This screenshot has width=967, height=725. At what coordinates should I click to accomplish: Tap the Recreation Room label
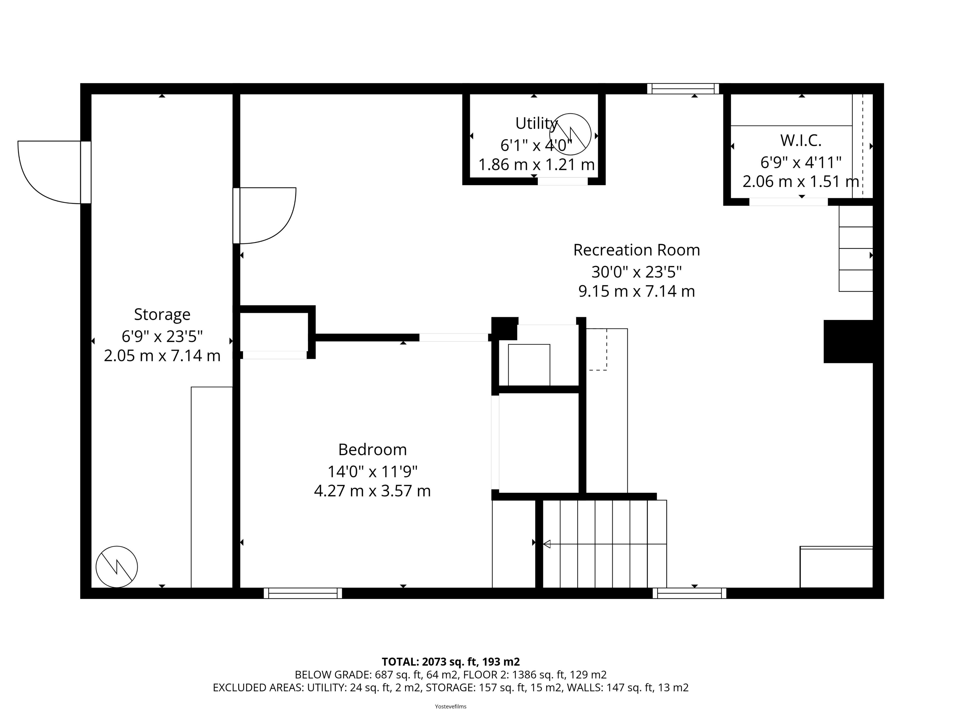click(x=637, y=250)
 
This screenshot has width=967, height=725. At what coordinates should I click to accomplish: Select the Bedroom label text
click(x=372, y=449)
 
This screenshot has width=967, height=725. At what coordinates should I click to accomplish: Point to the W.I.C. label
click(x=801, y=140)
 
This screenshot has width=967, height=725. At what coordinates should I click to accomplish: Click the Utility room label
click(x=536, y=124)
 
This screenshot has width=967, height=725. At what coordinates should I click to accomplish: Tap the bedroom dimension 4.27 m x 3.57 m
click(x=372, y=491)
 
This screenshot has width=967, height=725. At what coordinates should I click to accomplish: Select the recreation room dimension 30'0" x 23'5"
click(x=637, y=272)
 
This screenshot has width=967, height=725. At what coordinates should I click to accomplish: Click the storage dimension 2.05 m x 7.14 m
click(x=162, y=356)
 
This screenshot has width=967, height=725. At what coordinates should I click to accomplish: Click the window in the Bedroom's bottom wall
click(x=303, y=593)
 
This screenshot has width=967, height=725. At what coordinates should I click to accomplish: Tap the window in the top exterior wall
click(x=683, y=89)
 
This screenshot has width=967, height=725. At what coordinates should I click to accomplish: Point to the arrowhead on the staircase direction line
click(x=546, y=544)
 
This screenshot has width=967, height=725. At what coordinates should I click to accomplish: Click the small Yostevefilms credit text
click(x=451, y=706)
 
